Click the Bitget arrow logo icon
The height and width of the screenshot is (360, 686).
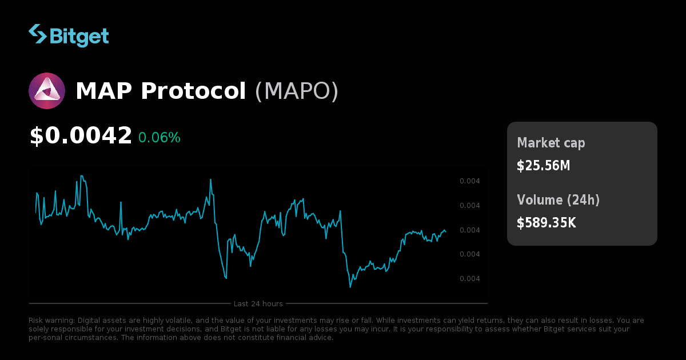[x=38, y=34]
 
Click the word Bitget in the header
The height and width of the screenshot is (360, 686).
[x=79, y=35]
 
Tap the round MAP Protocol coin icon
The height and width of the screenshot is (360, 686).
[x=47, y=91]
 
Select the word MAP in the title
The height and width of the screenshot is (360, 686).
[x=104, y=91]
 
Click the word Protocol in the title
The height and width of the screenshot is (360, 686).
[x=193, y=91]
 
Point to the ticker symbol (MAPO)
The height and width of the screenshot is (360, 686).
[x=296, y=91]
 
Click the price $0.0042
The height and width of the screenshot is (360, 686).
[x=81, y=136]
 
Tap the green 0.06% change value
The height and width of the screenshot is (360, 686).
[x=159, y=138]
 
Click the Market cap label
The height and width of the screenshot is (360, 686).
[x=551, y=143]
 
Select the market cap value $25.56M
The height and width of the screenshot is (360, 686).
[x=543, y=166]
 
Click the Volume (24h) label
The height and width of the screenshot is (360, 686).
[x=558, y=200]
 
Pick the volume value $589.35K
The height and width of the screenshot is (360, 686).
[x=546, y=223]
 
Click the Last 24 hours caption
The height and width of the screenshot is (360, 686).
[x=258, y=303]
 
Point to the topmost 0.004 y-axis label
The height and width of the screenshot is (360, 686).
[x=469, y=181]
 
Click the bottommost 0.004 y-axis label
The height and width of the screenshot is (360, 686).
[x=469, y=279]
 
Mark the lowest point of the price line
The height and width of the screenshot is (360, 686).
[x=350, y=286]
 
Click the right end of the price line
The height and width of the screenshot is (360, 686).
[x=446, y=231]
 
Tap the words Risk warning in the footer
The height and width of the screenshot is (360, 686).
[x=51, y=321]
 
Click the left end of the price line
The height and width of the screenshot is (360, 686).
[x=36, y=213]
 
